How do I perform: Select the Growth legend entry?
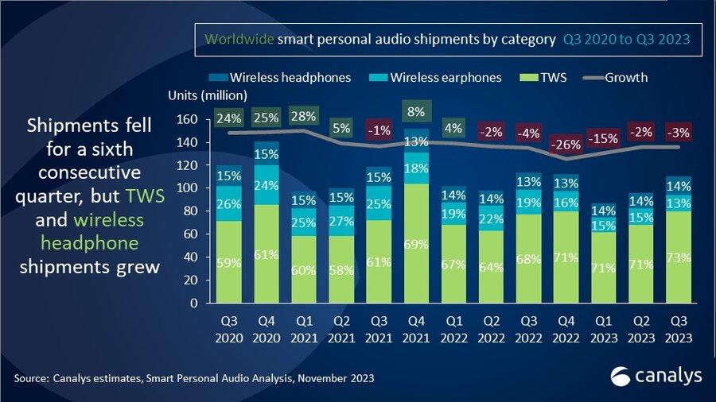click(617, 78)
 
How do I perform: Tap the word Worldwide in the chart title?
click(239, 39)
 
